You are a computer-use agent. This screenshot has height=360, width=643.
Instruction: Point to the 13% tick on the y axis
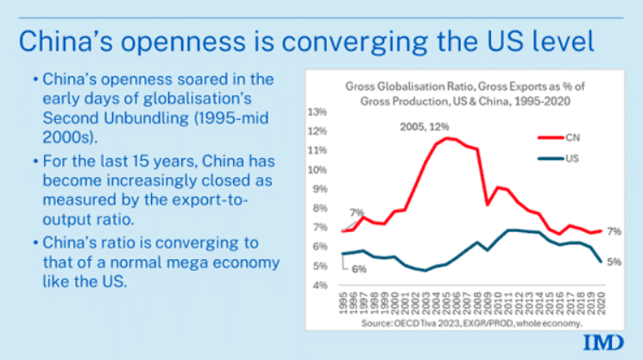317,112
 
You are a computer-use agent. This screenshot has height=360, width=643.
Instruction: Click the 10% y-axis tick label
317,170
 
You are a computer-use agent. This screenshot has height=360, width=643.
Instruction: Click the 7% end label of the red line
614,231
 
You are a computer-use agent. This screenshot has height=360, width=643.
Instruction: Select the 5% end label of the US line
614,262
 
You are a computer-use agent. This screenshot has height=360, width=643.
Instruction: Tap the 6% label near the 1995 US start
357,269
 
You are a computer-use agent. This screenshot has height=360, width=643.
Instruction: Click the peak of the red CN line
447,137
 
